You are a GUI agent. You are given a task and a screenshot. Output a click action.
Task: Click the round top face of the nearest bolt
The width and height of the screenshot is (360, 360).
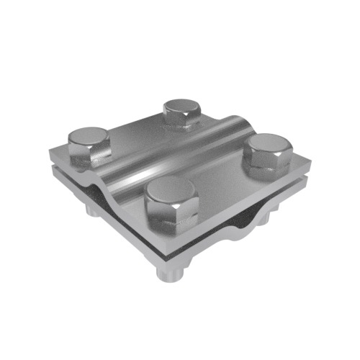(170, 194)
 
